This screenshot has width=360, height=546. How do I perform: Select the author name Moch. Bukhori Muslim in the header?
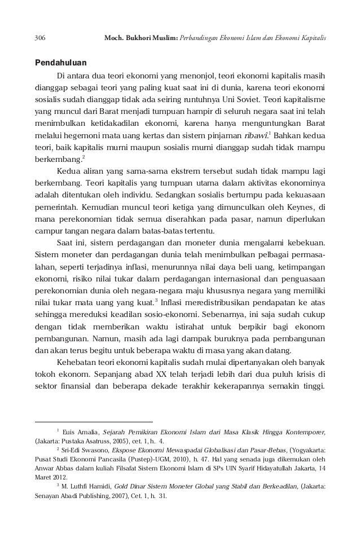[x=139, y=38]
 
